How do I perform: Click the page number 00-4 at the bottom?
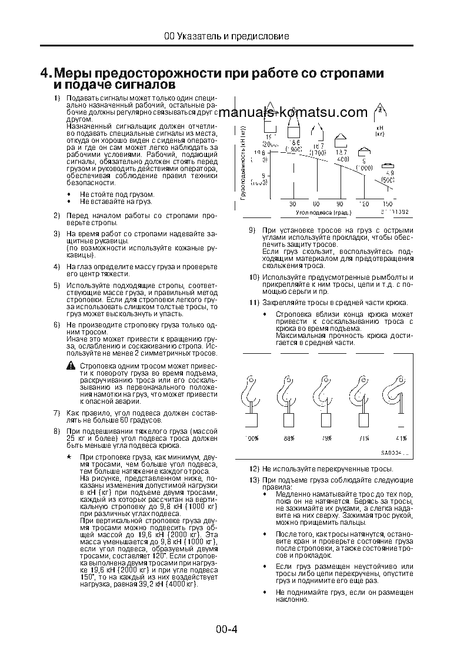click(226, 630)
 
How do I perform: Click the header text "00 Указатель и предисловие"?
click(226, 36)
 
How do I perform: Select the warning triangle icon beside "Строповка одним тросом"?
click(71, 366)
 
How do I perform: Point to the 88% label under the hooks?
click(288, 438)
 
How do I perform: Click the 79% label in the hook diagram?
click(325, 438)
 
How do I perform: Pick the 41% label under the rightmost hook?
click(401, 438)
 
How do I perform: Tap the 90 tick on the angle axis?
click(339, 203)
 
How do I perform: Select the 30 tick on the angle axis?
click(292, 203)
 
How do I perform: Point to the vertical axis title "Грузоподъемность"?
click(243, 162)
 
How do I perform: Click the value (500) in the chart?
click(388, 179)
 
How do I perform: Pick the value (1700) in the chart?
click(318, 152)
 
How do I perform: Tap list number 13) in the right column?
click(254, 480)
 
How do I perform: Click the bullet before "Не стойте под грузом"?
click(69, 194)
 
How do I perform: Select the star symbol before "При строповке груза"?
click(69, 456)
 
